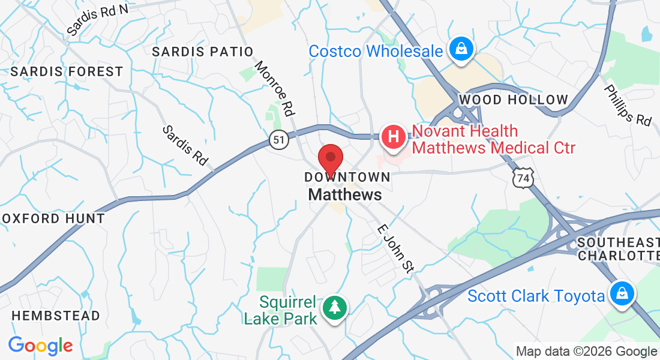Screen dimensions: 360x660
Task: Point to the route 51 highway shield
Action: click(278, 140)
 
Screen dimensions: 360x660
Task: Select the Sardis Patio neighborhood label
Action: click(202, 52)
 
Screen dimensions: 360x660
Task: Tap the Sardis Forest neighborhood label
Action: click(67, 72)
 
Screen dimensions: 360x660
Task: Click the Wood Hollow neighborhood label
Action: click(513, 100)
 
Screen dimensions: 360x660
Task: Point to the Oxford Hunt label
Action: click(53, 218)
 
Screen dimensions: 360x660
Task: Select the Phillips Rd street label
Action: click(627, 105)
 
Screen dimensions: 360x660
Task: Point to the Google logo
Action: click(40, 346)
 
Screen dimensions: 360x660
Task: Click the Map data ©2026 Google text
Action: click(586, 352)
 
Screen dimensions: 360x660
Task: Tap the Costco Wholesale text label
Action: click(376, 51)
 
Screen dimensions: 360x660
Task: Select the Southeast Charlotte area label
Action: click(618, 248)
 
